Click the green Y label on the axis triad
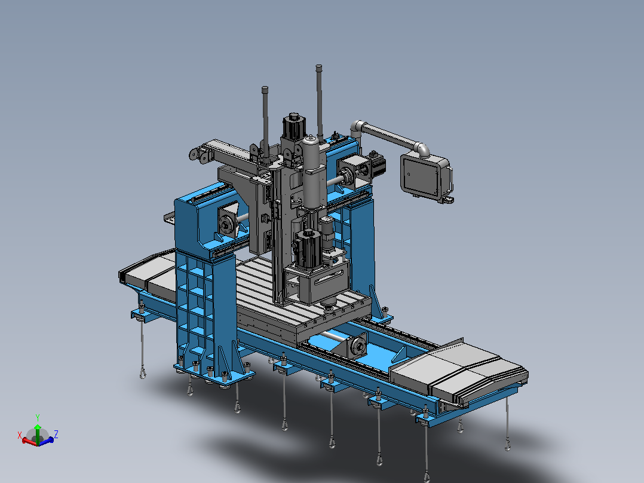38,418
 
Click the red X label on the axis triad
19,435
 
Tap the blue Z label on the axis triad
56,434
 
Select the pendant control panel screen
421,176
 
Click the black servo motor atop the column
294,127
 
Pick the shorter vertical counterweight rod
265,122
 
